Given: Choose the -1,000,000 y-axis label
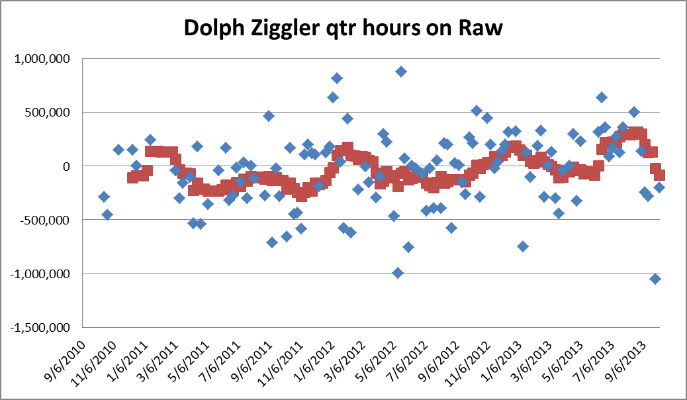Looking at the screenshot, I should [42, 274].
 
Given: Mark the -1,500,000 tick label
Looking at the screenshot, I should [42, 328].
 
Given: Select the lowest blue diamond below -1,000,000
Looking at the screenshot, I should [655, 279].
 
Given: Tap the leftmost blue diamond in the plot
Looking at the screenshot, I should [103, 197].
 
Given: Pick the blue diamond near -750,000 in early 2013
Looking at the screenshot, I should [523, 246].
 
